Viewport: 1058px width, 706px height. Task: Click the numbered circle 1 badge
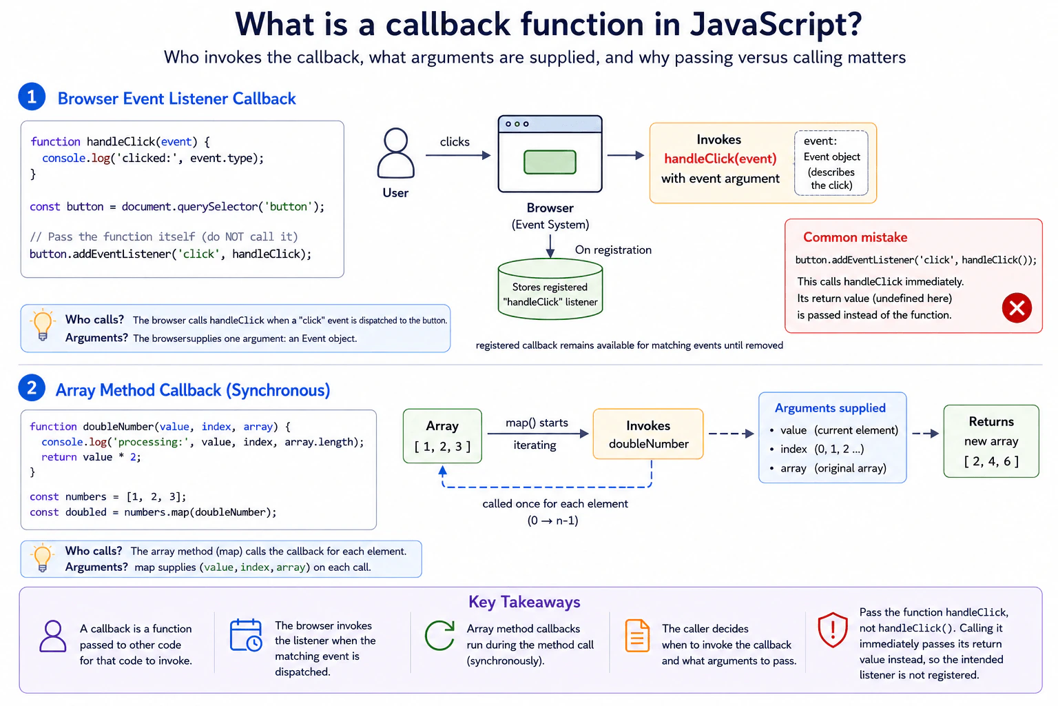tap(32, 97)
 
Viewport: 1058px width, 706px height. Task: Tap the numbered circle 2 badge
tap(32, 388)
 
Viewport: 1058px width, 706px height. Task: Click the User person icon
tap(396, 153)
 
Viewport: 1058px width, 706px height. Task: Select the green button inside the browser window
tap(550, 162)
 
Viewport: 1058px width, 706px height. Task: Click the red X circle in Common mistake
tap(1017, 307)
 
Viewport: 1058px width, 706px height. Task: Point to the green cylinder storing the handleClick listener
tap(550, 288)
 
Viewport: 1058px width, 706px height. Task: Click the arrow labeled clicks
tap(458, 155)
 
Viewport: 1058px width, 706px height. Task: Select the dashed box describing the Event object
tap(831, 163)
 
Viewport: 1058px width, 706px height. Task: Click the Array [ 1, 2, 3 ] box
tap(443, 436)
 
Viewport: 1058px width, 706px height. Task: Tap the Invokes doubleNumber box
tap(648, 434)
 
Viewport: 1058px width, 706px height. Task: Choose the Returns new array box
tap(991, 441)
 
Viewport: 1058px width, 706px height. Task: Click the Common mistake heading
tap(855, 237)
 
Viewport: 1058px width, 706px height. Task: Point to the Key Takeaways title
tap(524, 602)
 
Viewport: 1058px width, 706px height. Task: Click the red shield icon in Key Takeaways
tap(833, 629)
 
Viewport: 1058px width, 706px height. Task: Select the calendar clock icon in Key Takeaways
tap(246, 635)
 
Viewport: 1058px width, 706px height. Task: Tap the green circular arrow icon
tap(439, 635)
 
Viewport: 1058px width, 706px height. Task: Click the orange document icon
tap(637, 636)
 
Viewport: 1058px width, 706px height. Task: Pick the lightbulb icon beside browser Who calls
tap(43, 325)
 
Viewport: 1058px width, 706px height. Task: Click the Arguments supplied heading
tap(830, 408)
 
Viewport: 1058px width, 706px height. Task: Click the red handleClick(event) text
tap(720, 159)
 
